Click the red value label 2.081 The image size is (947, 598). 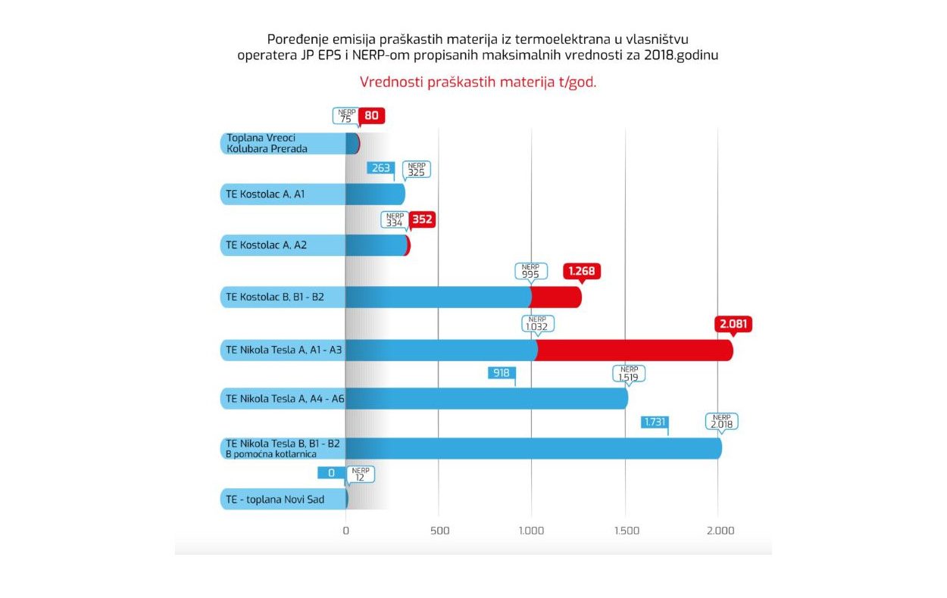click(x=733, y=324)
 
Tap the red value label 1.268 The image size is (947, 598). click(x=582, y=271)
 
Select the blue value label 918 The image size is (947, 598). click(x=502, y=372)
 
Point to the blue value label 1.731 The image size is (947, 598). click(x=654, y=422)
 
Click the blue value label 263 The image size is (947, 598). click(x=380, y=168)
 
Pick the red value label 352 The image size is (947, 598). click(x=422, y=220)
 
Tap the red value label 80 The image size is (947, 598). click(x=371, y=116)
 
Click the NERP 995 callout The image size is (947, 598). click(x=530, y=271)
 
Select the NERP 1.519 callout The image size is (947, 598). click(x=629, y=374)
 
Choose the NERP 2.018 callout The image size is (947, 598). click(x=721, y=422)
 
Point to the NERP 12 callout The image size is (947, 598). click(x=361, y=474)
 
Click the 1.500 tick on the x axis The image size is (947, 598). click(x=625, y=531)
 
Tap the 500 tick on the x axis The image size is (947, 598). click(x=439, y=531)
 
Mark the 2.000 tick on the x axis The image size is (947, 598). click(x=720, y=531)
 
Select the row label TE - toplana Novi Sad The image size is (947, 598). click(x=273, y=500)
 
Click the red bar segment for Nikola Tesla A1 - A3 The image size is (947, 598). click(x=635, y=350)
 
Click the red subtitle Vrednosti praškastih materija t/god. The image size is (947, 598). click(x=477, y=83)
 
